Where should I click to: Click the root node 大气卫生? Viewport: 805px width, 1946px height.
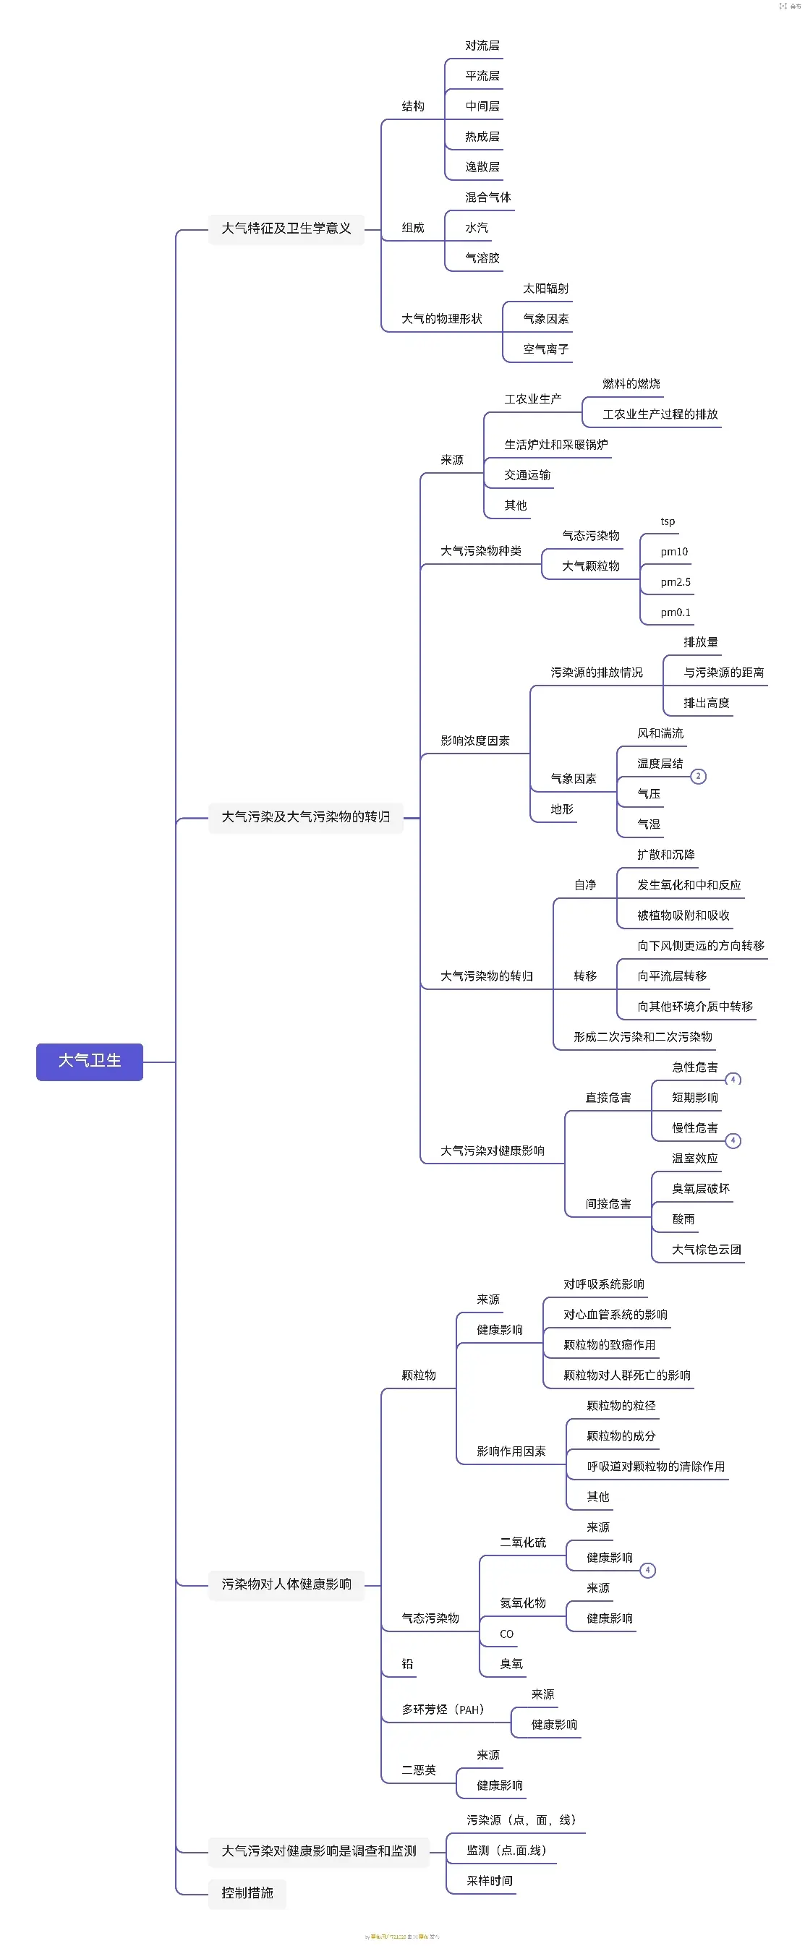[x=89, y=1061]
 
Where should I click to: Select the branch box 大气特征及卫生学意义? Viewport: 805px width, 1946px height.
[x=286, y=228]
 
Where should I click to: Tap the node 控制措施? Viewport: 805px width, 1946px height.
[x=247, y=1892]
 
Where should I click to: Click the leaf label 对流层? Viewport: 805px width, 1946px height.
[x=482, y=46]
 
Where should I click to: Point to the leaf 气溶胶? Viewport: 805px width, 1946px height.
[x=482, y=257]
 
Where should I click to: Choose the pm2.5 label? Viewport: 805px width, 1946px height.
[x=675, y=581]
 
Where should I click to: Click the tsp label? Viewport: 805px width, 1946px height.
[x=668, y=521]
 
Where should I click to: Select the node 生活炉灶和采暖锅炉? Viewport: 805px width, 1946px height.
[x=555, y=444]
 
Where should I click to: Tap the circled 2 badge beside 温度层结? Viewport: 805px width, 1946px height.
[x=699, y=776]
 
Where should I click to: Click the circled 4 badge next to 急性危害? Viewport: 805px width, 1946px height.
[x=733, y=1080]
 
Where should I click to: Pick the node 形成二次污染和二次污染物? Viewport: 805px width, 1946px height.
[x=642, y=1036]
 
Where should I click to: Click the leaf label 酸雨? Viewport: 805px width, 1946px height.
[x=683, y=1219]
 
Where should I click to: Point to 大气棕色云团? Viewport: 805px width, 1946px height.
[x=706, y=1249]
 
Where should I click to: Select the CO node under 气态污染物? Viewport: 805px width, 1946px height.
[x=506, y=1634]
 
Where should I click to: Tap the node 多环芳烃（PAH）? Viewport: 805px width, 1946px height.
[x=442, y=1710]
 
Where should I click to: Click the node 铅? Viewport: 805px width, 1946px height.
[x=407, y=1663]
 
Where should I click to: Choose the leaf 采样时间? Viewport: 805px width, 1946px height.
[x=489, y=1880]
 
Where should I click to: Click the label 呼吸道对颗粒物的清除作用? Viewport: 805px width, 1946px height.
[x=655, y=1466]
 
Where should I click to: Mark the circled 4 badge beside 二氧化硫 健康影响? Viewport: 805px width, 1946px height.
[x=647, y=1570]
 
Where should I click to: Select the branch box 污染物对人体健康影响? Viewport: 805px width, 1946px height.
[x=286, y=1584]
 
